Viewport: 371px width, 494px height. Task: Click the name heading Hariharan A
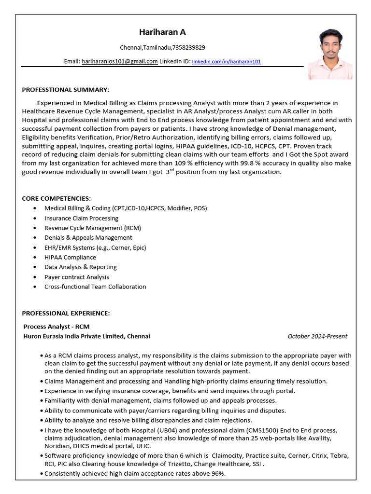click(x=162, y=32)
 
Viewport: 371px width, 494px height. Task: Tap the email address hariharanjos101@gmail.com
click(x=119, y=61)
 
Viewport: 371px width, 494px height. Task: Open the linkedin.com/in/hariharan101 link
click(x=226, y=62)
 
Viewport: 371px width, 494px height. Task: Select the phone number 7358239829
click(x=189, y=47)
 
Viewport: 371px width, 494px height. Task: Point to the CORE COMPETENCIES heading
click(x=57, y=198)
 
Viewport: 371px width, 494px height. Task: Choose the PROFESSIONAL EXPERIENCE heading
click(x=66, y=313)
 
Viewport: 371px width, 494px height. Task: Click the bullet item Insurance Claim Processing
click(x=81, y=218)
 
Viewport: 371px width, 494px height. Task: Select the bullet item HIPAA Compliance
click(x=70, y=257)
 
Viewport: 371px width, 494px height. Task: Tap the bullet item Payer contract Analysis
click(x=76, y=277)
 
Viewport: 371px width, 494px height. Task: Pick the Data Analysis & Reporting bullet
click(x=80, y=267)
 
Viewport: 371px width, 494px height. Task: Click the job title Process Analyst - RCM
click(x=57, y=327)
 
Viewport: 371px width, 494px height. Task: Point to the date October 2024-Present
click(x=317, y=336)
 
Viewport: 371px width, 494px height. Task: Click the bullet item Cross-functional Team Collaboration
click(x=95, y=287)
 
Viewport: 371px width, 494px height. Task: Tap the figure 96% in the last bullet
click(x=218, y=474)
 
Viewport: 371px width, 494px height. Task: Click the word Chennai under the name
click(x=130, y=47)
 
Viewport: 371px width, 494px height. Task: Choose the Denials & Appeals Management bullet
click(x=88, y=237)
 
